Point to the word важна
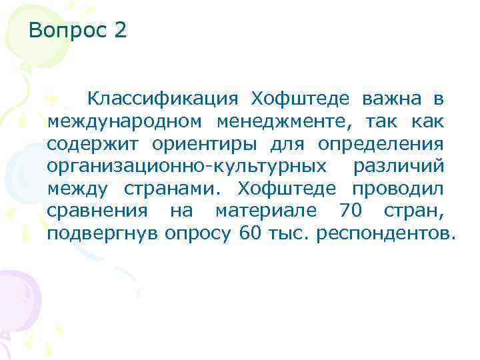[x=392, y=99]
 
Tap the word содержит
[x=89, y=145]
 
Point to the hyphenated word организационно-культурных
[x=187, y=167]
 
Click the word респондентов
[x=387, y=235]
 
